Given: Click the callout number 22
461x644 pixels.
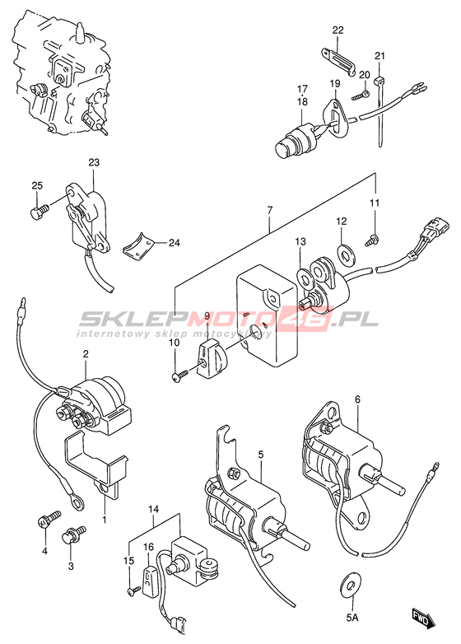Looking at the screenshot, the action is click(x=338, y=30).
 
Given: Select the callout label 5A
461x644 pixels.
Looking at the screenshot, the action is click(x=352, y=618).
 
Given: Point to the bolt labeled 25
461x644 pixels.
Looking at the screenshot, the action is click(x=40, y=210).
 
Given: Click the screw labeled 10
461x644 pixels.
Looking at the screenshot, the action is click(x=180, y=375).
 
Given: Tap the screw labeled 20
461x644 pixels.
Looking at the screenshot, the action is click(x=361, y=96).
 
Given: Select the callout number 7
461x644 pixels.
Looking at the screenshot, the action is click(x=269, y=210).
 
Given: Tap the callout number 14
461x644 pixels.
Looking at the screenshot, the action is click(x=154, y=509).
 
